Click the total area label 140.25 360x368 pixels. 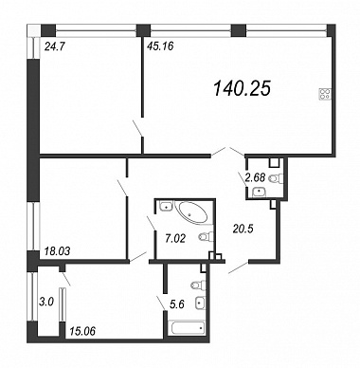pyautogui.click(x=243, y=88)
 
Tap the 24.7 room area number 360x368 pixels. pyautogui.click(x=54, y=47)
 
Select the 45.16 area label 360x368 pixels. pyautogui.click(x=160, y=46)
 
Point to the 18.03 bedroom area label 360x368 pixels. pyautogui.click(x=56, y=251)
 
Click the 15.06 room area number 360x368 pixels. pyautogui.click(x=81, y=331)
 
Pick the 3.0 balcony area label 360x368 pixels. pyautogui.click(x=46, y=302)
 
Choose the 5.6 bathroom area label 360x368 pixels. pyautogui.click(x=177, y=304)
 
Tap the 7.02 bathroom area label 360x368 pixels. pyautogui.click(x=175, y=238)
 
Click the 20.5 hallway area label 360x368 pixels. pyautogui.click(x=243, y=229)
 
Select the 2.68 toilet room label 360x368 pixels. pyautogui.click(x=255, y=177)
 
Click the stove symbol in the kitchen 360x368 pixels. pyautogui.click(x=326, y=94)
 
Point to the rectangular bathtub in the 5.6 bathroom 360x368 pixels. pyautogui.click(x=187, y=328)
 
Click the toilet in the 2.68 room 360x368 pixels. pyautogui.click(x=276, y=179)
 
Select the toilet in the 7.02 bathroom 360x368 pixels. pyautogui.click(x=207, y=236)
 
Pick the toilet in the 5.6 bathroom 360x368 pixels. pyautogui.click(x=198, y=285)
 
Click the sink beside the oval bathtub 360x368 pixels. pyautogui.click(x=165, y=207)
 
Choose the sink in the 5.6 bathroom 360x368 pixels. pyautogui.click(x=200, y=303)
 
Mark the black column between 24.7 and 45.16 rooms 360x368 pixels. pyautogui.click(x=143, y=31)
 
